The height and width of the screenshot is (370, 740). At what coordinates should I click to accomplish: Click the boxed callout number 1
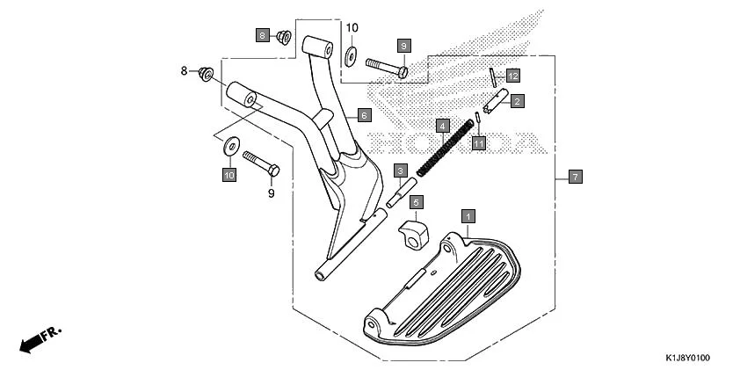(x=468, y=215)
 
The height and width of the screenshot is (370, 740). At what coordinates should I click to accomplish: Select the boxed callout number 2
(x=518, y=101)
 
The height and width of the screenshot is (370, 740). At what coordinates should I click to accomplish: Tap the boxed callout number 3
(x=400, y=170)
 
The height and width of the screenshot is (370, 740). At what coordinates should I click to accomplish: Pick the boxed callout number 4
(x=443, y=126)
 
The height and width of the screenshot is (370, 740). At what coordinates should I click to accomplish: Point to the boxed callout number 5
(x=417, y=202)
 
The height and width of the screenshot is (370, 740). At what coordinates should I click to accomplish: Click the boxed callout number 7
(x=575, y=178)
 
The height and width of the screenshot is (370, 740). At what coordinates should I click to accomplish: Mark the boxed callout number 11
(x=478, y=142)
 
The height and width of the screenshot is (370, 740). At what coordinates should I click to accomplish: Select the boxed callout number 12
(x=512, y=75)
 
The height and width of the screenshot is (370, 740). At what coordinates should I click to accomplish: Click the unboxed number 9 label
(x=271, y=192)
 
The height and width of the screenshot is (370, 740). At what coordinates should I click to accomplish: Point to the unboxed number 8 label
(x=185, y=70)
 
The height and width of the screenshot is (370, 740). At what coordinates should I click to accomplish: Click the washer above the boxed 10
(x=230, y=145)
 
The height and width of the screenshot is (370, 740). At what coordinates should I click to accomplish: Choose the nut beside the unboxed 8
(x=206, y=73)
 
